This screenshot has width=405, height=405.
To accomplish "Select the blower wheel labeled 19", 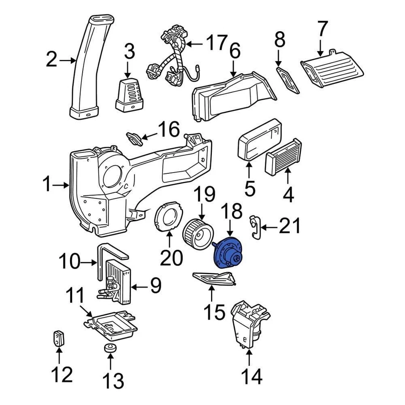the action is pos(198,234).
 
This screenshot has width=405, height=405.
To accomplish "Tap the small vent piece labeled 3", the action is pos(129,95).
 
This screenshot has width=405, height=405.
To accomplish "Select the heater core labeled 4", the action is pos(283,157).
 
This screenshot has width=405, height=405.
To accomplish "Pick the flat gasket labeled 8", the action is pos(287,80).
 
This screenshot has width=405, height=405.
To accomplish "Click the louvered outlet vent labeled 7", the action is pos(332,68).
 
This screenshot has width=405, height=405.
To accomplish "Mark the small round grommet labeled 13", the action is pos(110,348).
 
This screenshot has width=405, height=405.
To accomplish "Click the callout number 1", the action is pos(47,184).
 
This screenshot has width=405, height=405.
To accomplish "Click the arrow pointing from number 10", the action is pos(89,263).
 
